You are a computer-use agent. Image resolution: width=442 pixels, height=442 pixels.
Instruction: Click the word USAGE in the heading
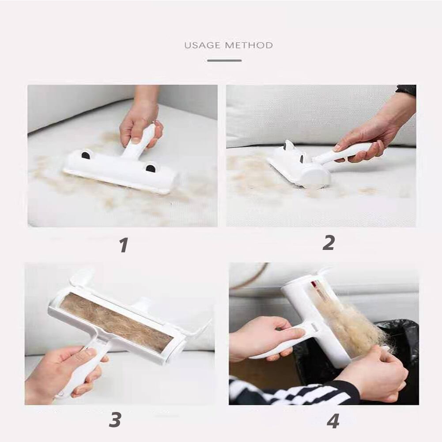[202, 45]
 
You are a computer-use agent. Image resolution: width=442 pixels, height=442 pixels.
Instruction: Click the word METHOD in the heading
[249, 45]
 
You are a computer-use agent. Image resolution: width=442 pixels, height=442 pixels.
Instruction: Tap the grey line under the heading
[224, 60]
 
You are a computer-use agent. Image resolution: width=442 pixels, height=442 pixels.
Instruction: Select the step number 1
[124, 245]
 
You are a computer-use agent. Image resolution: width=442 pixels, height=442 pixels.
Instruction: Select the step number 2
[329, 243]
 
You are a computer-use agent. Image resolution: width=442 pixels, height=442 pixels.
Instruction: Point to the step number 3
[115, 420]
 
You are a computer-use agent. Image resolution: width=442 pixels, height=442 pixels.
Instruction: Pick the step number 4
[333, 422]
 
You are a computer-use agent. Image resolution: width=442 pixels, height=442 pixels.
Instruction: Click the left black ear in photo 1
[86, 155]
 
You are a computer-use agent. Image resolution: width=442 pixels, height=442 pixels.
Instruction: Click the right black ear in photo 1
[151, 169]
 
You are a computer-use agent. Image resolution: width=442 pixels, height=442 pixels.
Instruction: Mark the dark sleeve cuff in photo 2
[407, 90]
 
